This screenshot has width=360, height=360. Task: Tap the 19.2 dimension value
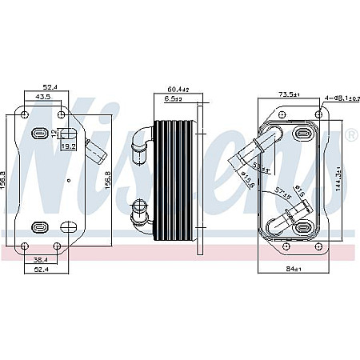tap(69, 146)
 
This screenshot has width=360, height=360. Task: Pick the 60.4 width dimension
tap(176, 89)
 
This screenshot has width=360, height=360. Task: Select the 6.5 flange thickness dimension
tap(174, 99)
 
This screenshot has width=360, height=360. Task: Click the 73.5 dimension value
tap(288, 94)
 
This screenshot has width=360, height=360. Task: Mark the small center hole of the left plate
tap(69, 181)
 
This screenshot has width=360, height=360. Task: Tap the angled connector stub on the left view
tap(96, 150)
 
